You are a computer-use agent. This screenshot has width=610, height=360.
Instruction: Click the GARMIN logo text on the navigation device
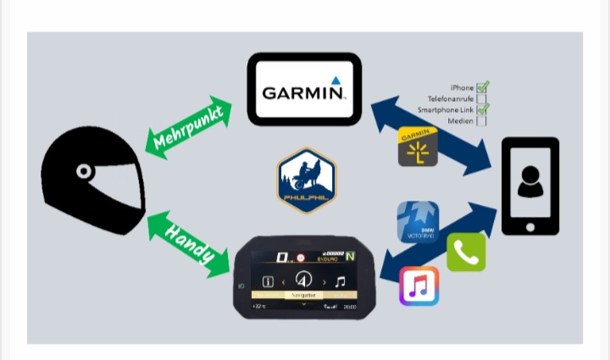(304, 91)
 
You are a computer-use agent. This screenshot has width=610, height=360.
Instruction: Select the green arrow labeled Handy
(189, 244)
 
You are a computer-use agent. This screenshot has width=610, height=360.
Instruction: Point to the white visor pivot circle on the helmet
(84, 172)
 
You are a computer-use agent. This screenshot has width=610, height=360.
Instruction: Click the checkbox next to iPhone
(482, 87)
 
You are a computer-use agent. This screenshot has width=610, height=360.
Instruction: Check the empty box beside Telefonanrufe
(482, 98)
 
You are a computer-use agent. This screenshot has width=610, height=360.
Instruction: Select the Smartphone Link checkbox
(482, 109)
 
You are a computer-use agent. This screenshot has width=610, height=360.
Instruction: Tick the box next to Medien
(482, 120)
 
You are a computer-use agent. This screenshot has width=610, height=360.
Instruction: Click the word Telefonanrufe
(451, 99)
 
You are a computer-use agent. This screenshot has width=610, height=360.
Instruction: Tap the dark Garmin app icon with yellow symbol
(418, 147)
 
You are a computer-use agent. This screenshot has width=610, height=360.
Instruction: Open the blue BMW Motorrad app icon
(418, 222)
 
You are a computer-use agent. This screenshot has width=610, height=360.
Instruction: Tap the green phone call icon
(466, 252)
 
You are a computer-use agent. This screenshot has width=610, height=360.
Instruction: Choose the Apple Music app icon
(419, 286)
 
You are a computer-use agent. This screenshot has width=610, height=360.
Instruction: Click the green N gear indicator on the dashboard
(350, 257)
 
